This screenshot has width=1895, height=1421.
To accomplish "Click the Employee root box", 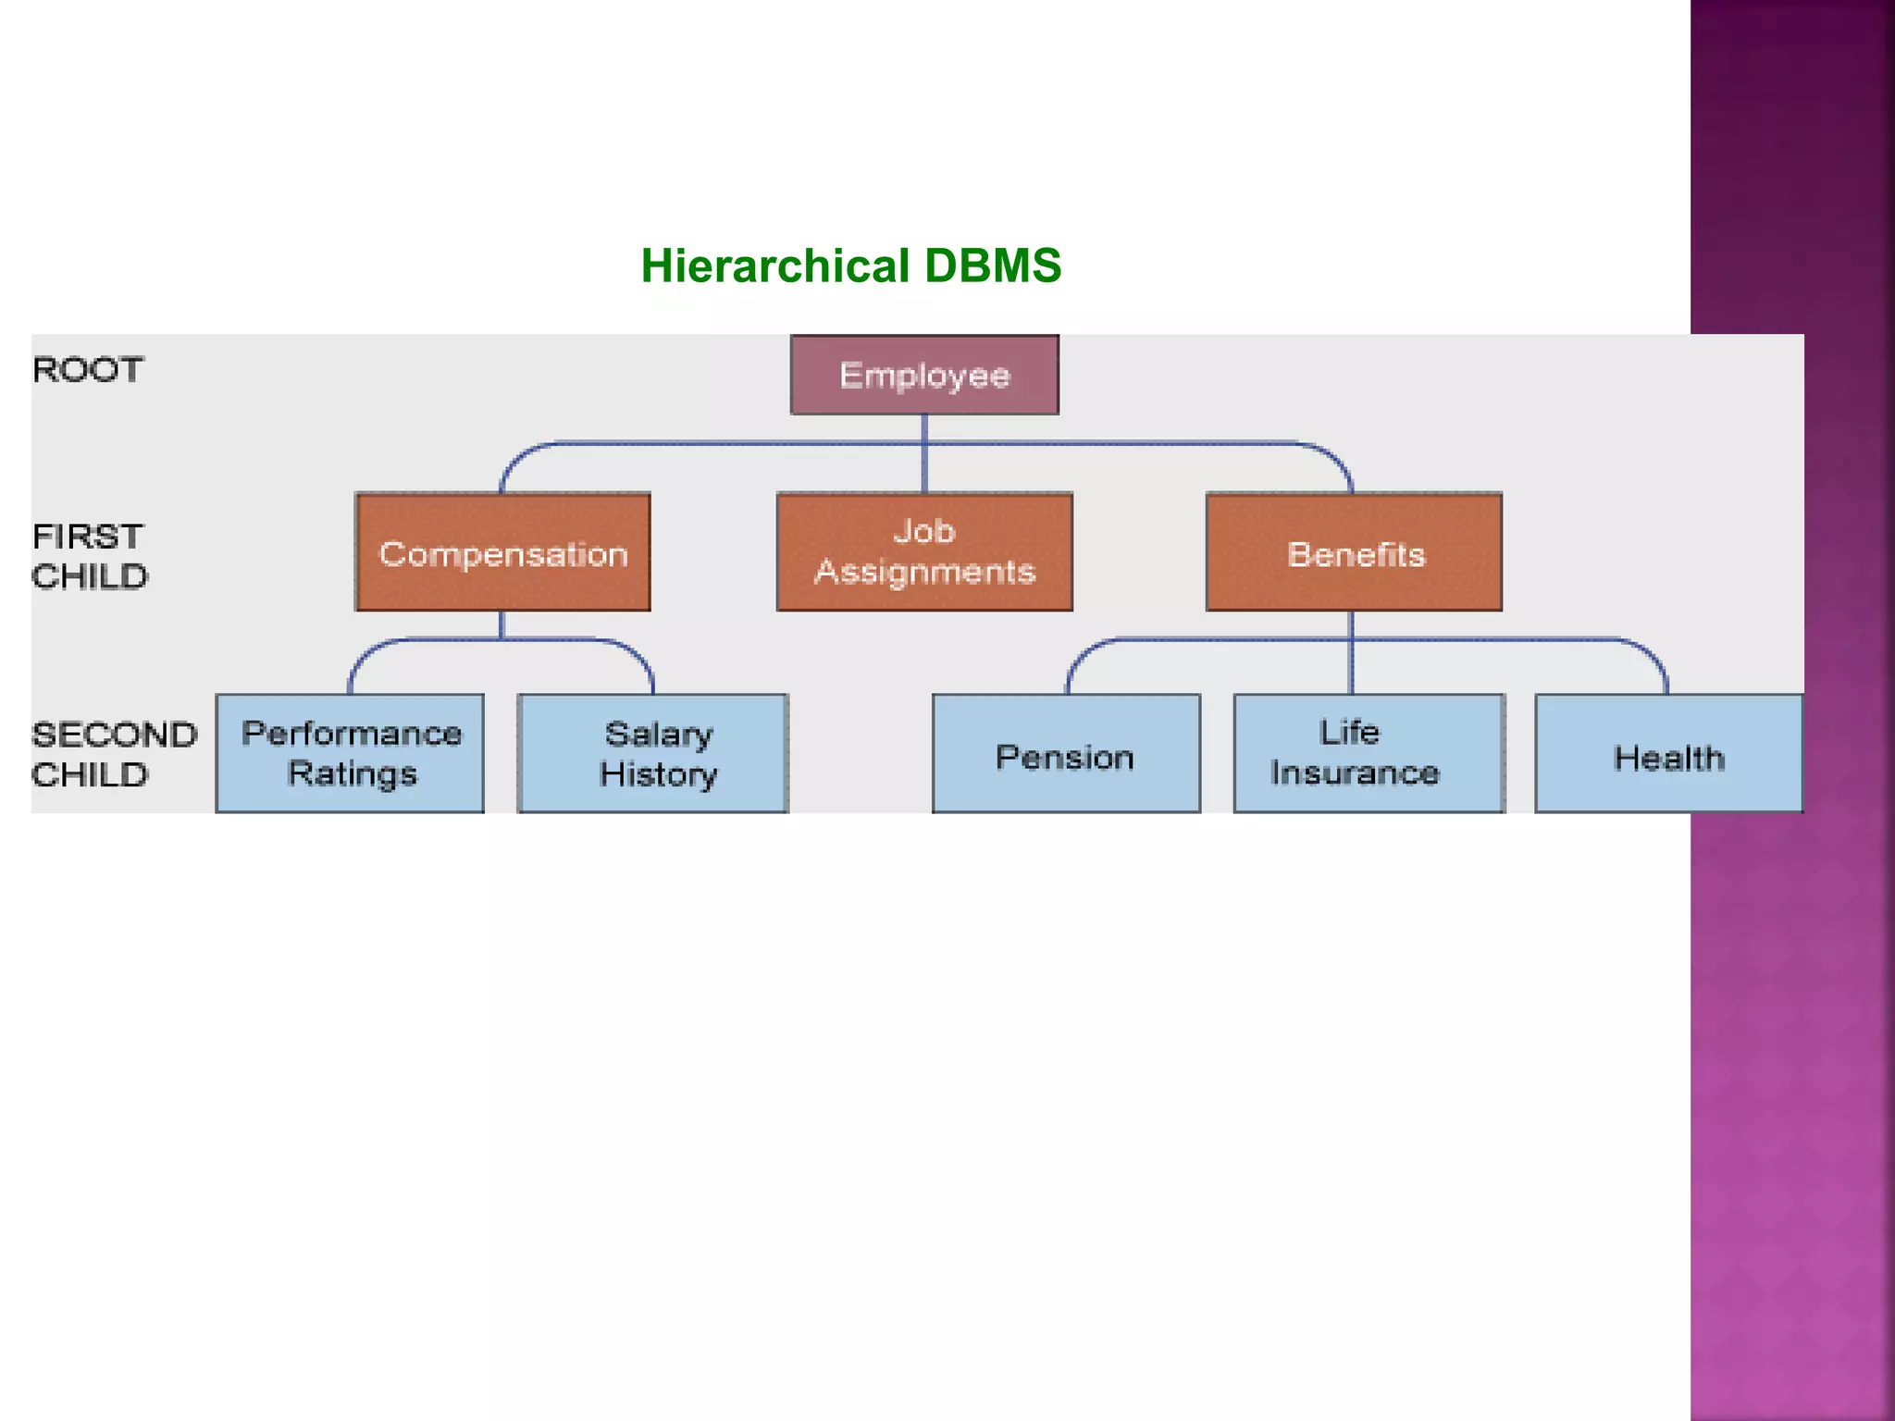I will click(924, 375).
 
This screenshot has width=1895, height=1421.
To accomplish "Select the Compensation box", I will click(503, 552).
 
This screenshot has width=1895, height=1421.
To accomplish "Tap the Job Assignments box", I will click(924, 552).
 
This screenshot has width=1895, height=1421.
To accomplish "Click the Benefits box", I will click(1354, 552).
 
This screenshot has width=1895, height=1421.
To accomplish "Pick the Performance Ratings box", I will click(350, 753).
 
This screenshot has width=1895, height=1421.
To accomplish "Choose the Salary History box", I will click(653, 753).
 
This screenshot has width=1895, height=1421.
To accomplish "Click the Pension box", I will click(1066, 753).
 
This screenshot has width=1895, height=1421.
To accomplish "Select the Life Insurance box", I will click(1369, 753).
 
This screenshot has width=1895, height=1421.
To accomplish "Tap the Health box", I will click(1669, 753).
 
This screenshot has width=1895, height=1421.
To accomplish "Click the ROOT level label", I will click(88, 370).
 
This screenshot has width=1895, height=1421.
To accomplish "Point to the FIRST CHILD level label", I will click(90, 556).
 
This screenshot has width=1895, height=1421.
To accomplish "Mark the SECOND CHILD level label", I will click(113, 754).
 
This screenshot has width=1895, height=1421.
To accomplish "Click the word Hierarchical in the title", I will click(774, 266).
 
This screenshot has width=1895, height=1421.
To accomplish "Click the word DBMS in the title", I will click(992, 266).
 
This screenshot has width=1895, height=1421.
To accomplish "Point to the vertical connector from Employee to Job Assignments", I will click(924, 453).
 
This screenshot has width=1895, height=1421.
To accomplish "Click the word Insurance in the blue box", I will click(1355, 772).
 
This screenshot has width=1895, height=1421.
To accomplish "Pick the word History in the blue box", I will click(658, 774).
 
